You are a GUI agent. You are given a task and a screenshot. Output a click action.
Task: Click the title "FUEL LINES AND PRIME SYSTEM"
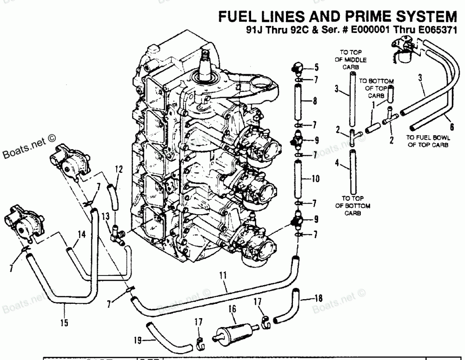coord(337,17)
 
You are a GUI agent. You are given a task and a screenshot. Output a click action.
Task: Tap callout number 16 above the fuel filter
coord(232,308)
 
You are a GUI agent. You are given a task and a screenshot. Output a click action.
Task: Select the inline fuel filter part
coord(232,331)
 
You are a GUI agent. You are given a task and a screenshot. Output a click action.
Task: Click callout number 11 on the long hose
coord(223,276)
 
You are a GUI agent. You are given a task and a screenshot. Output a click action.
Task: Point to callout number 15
coord(64,322)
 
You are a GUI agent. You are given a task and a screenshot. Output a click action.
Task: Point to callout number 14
coord(81,235)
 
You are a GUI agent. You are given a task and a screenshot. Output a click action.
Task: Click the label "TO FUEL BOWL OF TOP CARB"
coord(426,141)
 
